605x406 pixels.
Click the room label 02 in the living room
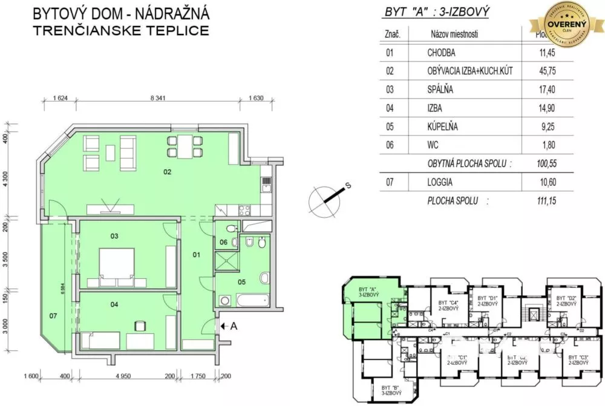(167, 172)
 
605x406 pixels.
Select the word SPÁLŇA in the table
(440, 90)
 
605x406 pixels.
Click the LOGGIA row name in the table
(440, 182)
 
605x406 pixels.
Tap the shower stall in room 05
(227, 261)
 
